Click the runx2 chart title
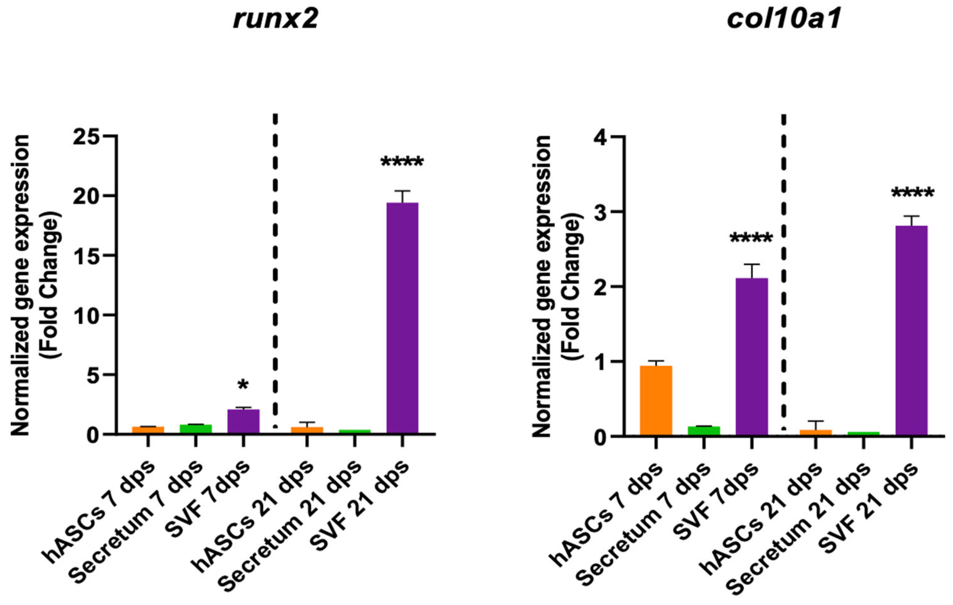pyautogui.click(x=276, y=19)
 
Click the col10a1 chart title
pyautogui.click(x=784, y=19)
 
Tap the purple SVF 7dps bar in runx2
pyautogui.click(x=243, y=421)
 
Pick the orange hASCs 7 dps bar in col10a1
pyautogui.click(x=656, y=400)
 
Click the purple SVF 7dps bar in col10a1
pyautogui.click(x=751, y=356)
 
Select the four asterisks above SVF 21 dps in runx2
pyautogui.click(x=402, y=162)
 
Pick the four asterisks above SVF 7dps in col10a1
pyautogui.click(x=751, y=239)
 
